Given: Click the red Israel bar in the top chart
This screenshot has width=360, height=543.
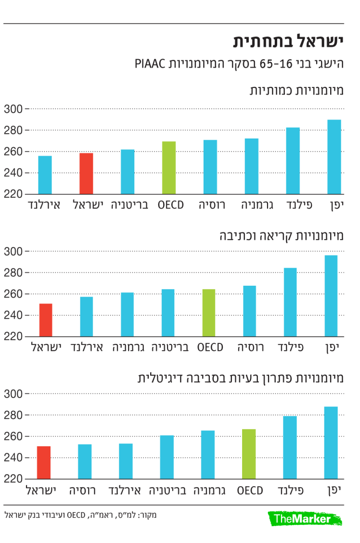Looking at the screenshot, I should coord(86,174).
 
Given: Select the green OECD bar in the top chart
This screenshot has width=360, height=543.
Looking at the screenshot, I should coord(169,168).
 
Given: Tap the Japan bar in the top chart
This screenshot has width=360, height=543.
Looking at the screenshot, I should coord(334,157).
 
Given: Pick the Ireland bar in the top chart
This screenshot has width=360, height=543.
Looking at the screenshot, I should coord(45,175).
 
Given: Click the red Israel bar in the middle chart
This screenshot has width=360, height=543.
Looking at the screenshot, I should coord(45,320).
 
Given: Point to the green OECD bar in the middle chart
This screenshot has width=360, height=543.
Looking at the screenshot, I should coord(208,313).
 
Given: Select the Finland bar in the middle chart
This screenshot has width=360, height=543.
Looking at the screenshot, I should coord(290,302).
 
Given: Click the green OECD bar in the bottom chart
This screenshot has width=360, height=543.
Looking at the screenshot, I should coord(249,454).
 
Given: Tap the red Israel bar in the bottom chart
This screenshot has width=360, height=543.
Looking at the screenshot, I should coord(43,463).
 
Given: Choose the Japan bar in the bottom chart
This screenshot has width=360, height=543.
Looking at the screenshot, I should coord(331,443).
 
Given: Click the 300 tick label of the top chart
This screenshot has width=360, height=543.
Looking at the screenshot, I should coord(13,109).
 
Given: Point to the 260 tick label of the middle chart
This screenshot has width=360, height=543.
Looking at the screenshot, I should coord(13,294).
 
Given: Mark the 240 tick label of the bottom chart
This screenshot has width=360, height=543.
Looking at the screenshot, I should coord(13,458).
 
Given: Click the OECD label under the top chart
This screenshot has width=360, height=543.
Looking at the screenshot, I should coord(171,205).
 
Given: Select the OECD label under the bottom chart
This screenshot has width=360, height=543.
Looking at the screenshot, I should coord(250,491).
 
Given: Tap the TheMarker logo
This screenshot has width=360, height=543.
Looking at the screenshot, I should coord(302,518).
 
